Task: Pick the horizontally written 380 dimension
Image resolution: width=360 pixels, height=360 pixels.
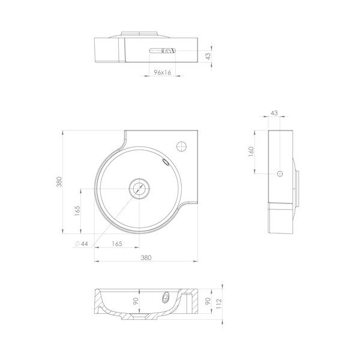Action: [x=146, y=258]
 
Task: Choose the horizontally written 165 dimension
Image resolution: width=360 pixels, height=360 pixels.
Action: [x=118, y=244]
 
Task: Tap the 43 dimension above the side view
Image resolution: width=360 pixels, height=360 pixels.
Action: [x=274, y=113]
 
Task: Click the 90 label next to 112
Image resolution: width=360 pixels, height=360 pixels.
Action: [x=209, y=301]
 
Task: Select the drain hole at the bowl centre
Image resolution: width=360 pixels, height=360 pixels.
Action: [x=139, y=188]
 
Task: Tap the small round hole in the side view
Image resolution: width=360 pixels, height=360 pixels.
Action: [x=279, y=173]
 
